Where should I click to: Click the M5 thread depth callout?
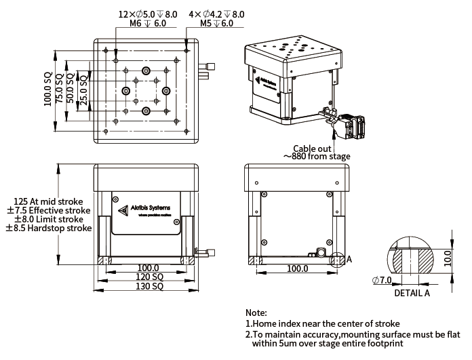pyautogui.click(x=216, y=23)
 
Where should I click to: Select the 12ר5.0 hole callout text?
pyautogui.click(x=148, y=14)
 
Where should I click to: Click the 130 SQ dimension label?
pyautogui.click(x=149, y=287)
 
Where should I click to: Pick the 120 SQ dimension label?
pyautogui.click(x=149, y=278)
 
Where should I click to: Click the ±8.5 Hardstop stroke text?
pyautogui.click(x=49, y=228)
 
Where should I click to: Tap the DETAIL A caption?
pyautogui.click(x=412, y=294)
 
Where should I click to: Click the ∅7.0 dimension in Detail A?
pyautogui.click(x=382, y=281)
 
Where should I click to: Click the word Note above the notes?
pyautogui.click(x=256, y=313)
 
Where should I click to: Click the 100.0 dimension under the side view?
pyautogui.click(x=297, y=269)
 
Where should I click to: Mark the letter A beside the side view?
pyautogui.click(x=349, y=259)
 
